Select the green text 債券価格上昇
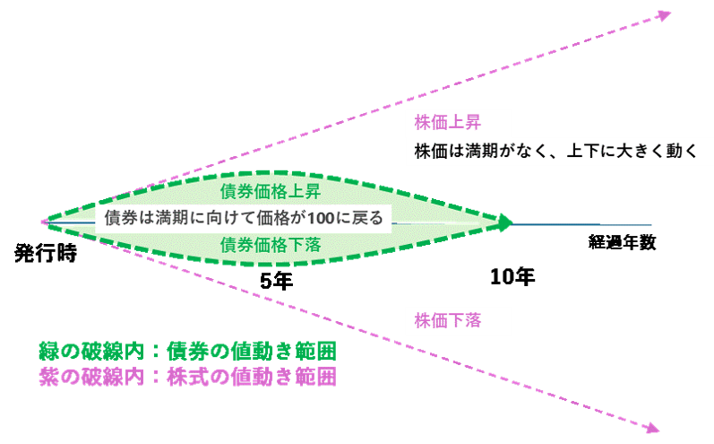[270, 192]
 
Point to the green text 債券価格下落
[270, 244]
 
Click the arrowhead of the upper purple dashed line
[664, 13]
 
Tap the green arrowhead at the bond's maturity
[505, 221]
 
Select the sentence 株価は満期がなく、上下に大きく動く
[555, 151]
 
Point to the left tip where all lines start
[44, 221]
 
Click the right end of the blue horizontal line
[650, 224]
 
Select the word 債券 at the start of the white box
[119, 218]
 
